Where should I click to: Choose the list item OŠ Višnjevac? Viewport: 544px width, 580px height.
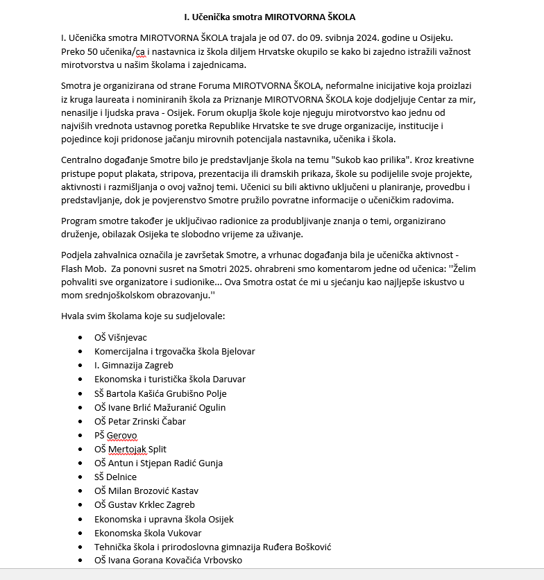[121, 338]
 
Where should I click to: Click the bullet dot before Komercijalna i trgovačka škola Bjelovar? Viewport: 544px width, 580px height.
[81, 352]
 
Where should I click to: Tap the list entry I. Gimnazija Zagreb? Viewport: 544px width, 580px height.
[134, 366]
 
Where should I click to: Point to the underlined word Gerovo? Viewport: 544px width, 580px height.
[122, 435]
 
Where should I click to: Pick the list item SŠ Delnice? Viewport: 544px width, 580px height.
[115, 477]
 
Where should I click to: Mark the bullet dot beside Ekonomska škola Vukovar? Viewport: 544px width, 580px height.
[81, 533]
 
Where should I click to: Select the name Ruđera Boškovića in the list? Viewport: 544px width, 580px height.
[302, 547]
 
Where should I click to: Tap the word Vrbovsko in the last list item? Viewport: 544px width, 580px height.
[222, 561]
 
